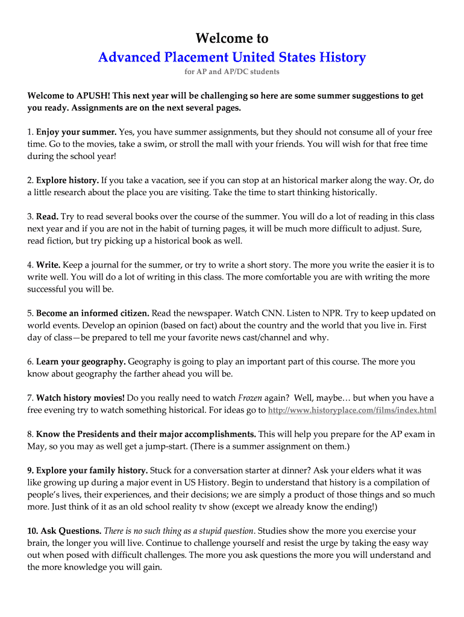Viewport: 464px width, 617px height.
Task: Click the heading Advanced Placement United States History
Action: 232,57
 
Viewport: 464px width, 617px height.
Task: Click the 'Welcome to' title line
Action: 232,39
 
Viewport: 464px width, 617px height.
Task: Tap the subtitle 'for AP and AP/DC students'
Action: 232,72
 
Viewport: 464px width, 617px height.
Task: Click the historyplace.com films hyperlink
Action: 352,410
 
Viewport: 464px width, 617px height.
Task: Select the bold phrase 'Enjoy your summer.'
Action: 76,132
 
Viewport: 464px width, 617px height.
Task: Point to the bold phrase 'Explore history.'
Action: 67,180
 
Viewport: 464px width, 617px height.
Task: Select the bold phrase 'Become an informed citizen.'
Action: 93,313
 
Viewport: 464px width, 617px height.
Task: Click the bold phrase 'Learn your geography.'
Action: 81,362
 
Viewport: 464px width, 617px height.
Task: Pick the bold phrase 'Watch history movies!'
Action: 80,398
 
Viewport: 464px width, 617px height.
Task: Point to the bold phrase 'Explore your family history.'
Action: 92,471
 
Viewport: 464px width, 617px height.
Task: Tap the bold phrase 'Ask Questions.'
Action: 71,531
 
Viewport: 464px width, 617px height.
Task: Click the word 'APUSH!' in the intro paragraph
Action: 93,96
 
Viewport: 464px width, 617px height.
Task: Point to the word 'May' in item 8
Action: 36,446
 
